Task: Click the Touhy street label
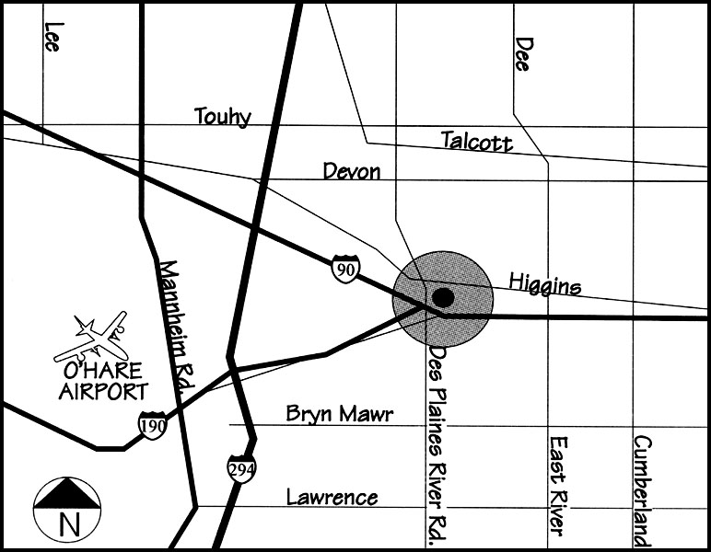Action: (222, 117)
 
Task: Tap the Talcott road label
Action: (476, 141)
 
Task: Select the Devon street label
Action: (351, 171)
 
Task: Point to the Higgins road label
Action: (544, 285)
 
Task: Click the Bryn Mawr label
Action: (339, 414)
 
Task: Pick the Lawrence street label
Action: (332, 498)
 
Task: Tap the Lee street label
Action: (52, 36)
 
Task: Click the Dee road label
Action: (524, 55)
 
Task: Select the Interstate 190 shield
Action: (152, 425)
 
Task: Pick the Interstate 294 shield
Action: (241, 468)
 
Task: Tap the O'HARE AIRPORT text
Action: (102, 381)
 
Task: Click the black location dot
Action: (443, 297)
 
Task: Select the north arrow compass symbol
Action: (66, 496)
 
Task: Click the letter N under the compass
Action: (67, 526)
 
